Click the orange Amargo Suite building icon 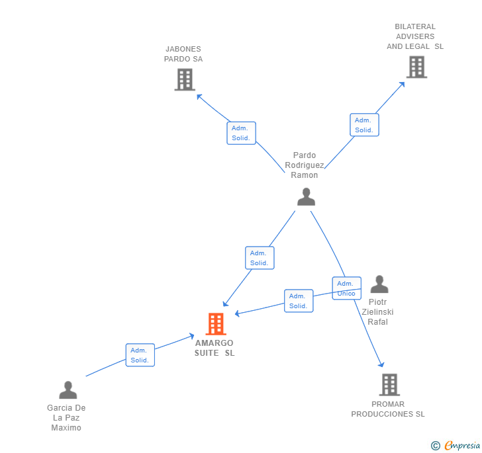216,323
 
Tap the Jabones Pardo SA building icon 185,79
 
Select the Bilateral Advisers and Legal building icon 416,67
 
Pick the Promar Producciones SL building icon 389,384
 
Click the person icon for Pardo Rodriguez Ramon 306,196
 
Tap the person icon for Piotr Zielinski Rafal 379,284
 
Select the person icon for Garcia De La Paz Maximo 68,390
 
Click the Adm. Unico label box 346,288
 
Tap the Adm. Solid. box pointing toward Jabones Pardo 241,133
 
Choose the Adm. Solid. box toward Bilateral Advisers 364,125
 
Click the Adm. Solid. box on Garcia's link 140,355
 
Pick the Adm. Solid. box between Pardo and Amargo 259,258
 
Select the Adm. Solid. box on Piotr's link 298,301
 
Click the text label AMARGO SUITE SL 215,348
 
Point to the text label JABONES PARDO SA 183,54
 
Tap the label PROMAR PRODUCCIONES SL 388,409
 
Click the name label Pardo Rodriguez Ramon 305,165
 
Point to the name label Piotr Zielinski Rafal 378,311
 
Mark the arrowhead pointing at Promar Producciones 381,364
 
